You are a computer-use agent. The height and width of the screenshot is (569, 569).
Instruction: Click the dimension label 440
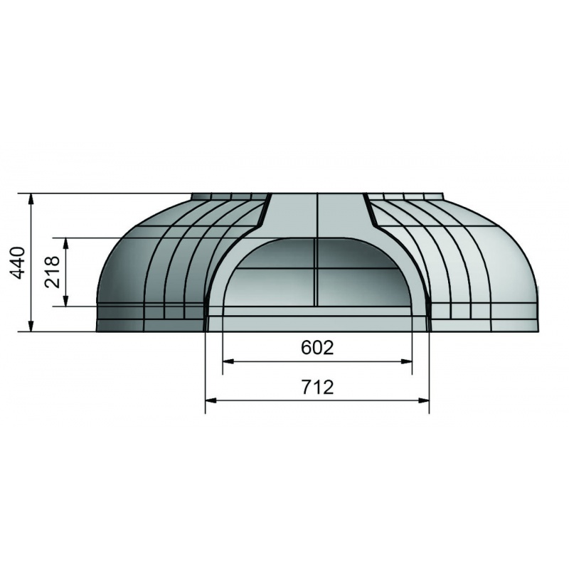[18, 262]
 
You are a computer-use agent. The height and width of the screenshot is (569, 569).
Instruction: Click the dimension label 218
[52, 272]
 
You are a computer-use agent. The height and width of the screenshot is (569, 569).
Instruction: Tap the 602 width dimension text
[317, 348]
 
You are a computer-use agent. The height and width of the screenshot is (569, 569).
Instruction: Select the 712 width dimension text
[317, 387]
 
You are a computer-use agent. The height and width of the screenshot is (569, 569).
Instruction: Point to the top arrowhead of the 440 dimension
[31, 199]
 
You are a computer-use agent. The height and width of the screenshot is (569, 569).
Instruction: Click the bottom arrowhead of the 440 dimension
[31, 326]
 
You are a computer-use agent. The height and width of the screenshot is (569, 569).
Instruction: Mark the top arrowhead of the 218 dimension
[65, 243]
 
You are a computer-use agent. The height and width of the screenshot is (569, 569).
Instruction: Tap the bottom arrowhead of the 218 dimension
[65, 301]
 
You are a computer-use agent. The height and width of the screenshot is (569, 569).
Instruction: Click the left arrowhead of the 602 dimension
[228, 361]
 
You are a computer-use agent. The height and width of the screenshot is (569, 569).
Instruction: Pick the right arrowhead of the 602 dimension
[406, 361]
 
